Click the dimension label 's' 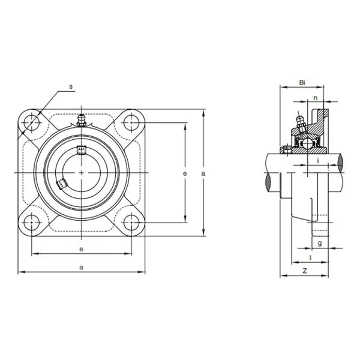click(x=71, y=86)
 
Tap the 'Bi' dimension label click(x=302, y=83)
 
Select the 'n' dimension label click(x=316, y=98)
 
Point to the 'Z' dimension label click(x=305, y=271)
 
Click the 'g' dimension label click(x=320, y=244)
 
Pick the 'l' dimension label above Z click(x=311, y=257)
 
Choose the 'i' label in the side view click(x=318, y=161)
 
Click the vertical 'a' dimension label click(x=203, y=174)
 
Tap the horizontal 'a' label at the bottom click(x=81, y=268)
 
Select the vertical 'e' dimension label click(x=185, y=174)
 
